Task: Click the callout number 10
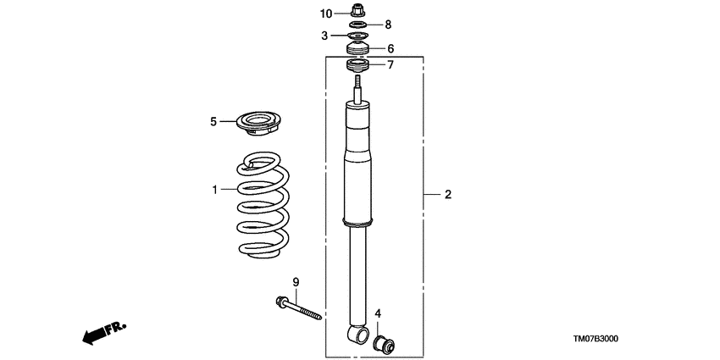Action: pyautogui.click(x=327, y=13)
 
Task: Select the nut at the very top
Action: pyautogui.click(x=357, y=12)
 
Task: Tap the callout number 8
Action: pyautogui.click(x=389, y=25)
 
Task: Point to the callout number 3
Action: pyautogui.click(x=324, y=36)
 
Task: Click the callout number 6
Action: pyautogui.click(x=390, y=49)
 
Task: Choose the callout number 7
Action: pyautogui.click(x=390, y=65)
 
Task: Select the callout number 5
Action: pyautogui.click(x=213, y=121)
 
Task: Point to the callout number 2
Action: pyautogui.click(x=447, y=195)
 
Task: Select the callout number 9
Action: pyautogui.click(x=296, y=281)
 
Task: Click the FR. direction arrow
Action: pyautogui.click(x=102, y=332)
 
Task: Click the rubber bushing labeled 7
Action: pyautogui.click(x=357, y=66)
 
